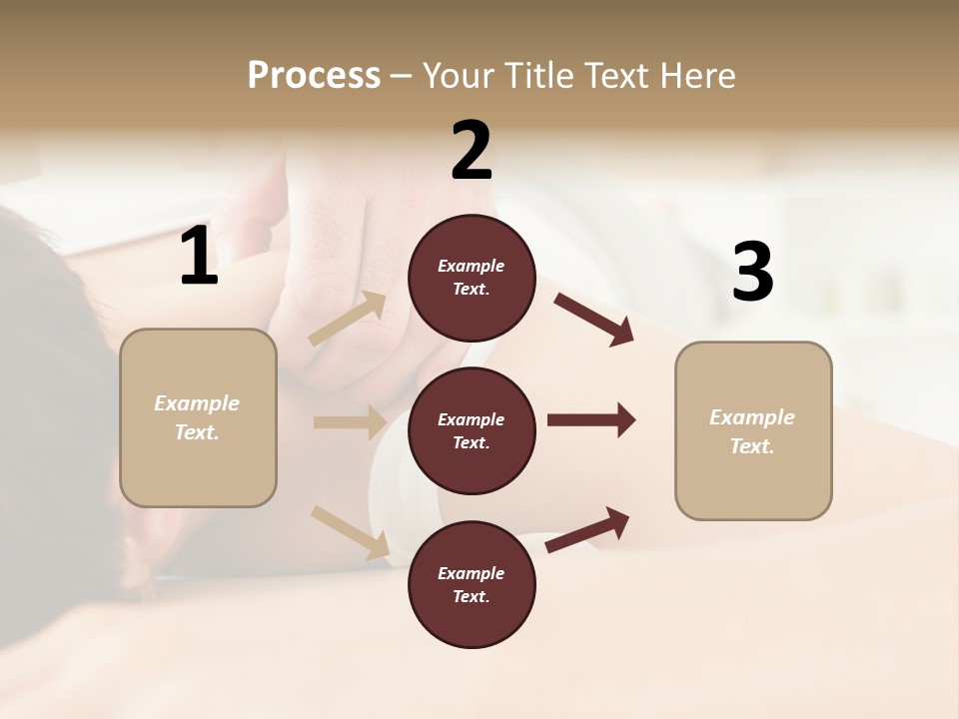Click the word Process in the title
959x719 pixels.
[314, 75]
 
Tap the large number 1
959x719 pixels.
[199, 257]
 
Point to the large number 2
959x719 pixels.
[472, 150]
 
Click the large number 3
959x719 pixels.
[752, 273]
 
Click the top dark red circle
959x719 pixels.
[472, 278]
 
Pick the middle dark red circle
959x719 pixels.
[472, 430]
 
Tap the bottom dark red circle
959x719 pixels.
[472, 584]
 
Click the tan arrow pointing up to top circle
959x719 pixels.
[348, 319]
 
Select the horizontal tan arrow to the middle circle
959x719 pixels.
[350, 422]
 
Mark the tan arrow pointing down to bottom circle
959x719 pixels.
[350, 532]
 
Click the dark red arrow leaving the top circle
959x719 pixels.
[594, 320]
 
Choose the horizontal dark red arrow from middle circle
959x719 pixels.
[591, 420]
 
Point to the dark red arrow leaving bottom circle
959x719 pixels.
[587, 529]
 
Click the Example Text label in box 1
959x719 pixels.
[197, 417]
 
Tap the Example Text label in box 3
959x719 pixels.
[752, 431]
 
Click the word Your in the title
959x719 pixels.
[462, 75]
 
